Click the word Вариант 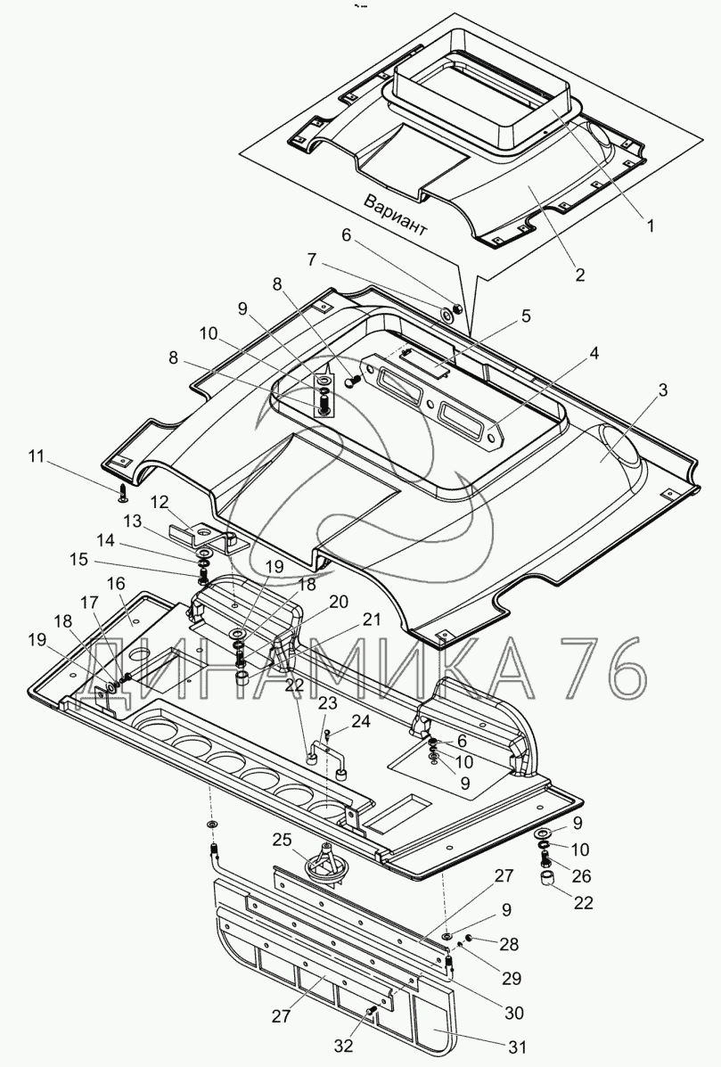click(x=396, y=215)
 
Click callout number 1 click(x=650, y=226)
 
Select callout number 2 click(x=579, y=275)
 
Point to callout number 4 click(x=527, y=315)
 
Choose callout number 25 click(x=282, y=840)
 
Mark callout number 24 click(x=360, y=721)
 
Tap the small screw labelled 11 click(x=123, y=491)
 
